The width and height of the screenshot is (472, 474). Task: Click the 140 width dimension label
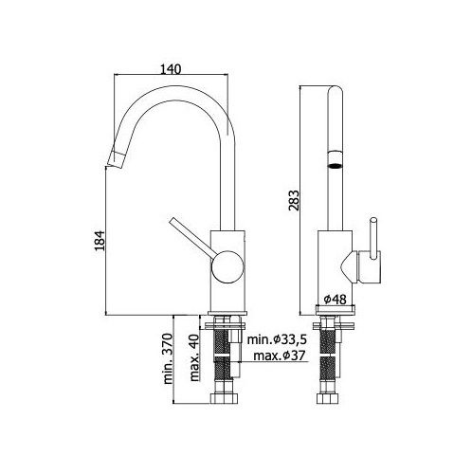point(171,69)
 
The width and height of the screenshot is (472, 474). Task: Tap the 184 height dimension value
point(100,241)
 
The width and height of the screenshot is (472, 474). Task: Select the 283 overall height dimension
point(294,200)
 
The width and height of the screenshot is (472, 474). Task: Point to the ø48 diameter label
point(336,299)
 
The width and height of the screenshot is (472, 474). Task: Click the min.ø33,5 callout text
point(277,339)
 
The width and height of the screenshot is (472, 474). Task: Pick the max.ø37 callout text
point(280,355)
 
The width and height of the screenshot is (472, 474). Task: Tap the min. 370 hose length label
point(168,358)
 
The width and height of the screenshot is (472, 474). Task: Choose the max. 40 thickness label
point(194,357)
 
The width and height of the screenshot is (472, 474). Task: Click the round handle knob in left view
point(227,267)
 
